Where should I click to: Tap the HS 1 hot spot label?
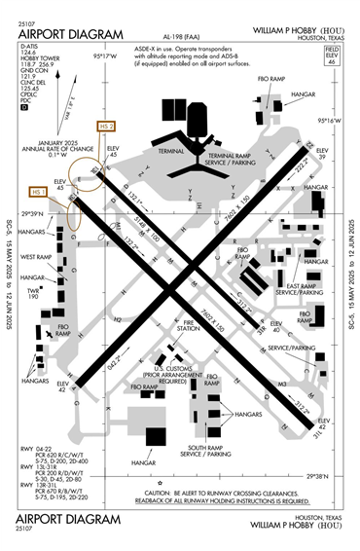[39, 193]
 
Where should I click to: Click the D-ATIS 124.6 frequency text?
[31, 53]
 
